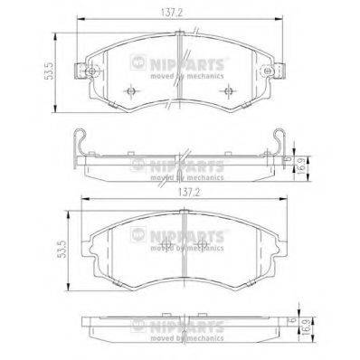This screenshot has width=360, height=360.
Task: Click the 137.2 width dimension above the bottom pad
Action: click(x=181, y=192)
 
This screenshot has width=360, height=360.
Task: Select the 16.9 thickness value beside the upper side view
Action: click(x=304, y=167)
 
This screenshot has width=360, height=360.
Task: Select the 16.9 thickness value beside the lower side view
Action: click(x=304, y=344)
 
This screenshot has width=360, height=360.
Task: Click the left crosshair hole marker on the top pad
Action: click(x=131, y=92)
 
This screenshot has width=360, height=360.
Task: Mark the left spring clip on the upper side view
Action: click(x=80, y=143)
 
